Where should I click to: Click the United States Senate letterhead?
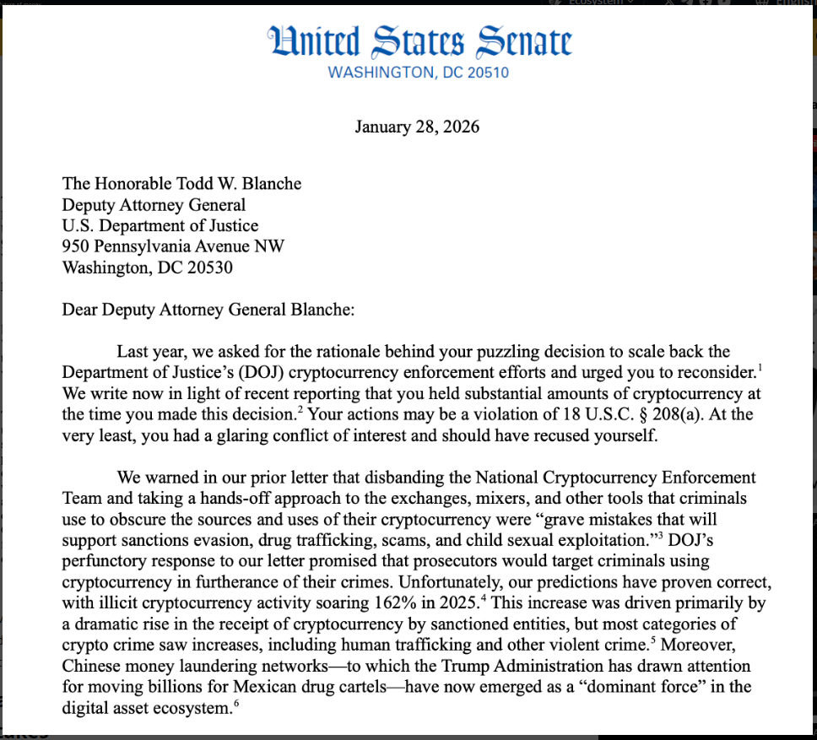click(x=419, y=41)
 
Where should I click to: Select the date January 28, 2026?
click(x=416, y=127)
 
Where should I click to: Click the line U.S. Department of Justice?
click(x=160, y=225)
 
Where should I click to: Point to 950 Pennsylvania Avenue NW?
click(x=173, y=246)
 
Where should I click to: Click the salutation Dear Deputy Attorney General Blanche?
click(x=208, y=309)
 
